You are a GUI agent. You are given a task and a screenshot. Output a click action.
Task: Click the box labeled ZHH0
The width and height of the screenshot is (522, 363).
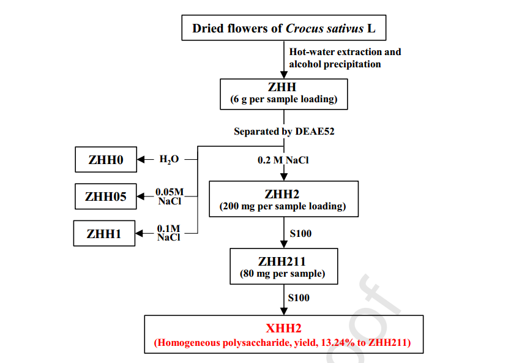click(105, 160)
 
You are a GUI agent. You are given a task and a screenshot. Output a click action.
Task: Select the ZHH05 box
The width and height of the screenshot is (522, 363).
click(105, 196)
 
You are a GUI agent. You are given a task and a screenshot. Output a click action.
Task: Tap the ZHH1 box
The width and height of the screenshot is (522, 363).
click(104, 233)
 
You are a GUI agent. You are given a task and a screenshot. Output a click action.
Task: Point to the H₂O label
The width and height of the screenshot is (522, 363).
click(169, 160)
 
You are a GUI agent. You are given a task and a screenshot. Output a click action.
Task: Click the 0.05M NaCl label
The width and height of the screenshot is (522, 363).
click(170, 196)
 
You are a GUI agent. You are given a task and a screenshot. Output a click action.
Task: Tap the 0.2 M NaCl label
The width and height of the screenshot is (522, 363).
click(283, 160)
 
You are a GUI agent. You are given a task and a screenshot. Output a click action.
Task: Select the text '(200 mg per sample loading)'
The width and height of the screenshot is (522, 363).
click(283, 206)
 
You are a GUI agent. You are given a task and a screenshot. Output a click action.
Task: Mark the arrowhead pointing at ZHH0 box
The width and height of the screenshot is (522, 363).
click(141, 160)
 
